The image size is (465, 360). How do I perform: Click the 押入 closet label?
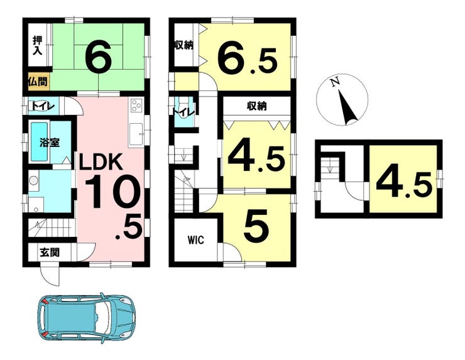38,45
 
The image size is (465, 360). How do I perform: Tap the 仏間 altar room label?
38,81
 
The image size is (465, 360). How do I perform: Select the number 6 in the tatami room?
98,57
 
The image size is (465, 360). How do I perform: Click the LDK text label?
101,161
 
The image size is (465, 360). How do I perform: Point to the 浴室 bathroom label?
50,143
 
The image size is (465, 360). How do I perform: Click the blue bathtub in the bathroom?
40,142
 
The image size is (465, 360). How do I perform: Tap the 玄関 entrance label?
50,252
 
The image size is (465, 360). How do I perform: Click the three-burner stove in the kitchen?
136,106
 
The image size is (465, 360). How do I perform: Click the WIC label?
196,240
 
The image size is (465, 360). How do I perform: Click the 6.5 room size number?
248,60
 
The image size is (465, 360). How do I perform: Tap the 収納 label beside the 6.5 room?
184,45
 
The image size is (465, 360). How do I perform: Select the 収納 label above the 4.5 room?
257,106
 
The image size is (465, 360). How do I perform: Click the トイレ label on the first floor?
41,106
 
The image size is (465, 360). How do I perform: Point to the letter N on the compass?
336,82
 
